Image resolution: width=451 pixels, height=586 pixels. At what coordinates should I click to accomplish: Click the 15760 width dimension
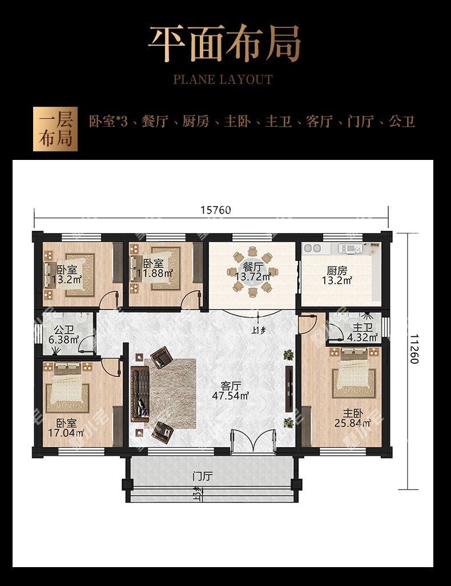[x=216, y=210]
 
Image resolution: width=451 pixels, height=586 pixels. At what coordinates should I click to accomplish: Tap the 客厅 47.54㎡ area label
[x=230, y=391]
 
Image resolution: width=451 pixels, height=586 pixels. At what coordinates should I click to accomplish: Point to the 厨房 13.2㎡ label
[x=337, y=275]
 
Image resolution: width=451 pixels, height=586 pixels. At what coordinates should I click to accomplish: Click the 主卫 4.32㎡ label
[x=362, y=332]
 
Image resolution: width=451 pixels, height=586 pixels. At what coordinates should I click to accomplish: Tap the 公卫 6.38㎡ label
[x=64, y=335]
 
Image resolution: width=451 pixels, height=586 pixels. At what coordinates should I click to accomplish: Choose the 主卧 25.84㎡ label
[x=353, y=418]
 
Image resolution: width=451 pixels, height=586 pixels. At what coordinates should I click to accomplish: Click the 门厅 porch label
[x=203, y=476]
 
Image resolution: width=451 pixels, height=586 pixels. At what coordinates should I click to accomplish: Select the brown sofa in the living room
[x=140, y=394]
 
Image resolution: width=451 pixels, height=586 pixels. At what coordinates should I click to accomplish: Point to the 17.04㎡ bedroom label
[x=66, y=428]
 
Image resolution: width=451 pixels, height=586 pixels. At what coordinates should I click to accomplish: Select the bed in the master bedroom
[x=353, y=372]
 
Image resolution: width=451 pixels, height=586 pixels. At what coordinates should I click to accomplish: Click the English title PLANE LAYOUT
[x=223, y=79]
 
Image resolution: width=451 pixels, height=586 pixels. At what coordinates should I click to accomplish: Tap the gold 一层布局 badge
[x=55, y=129]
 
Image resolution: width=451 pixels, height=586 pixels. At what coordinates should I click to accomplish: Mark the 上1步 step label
[x=259, y=330]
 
